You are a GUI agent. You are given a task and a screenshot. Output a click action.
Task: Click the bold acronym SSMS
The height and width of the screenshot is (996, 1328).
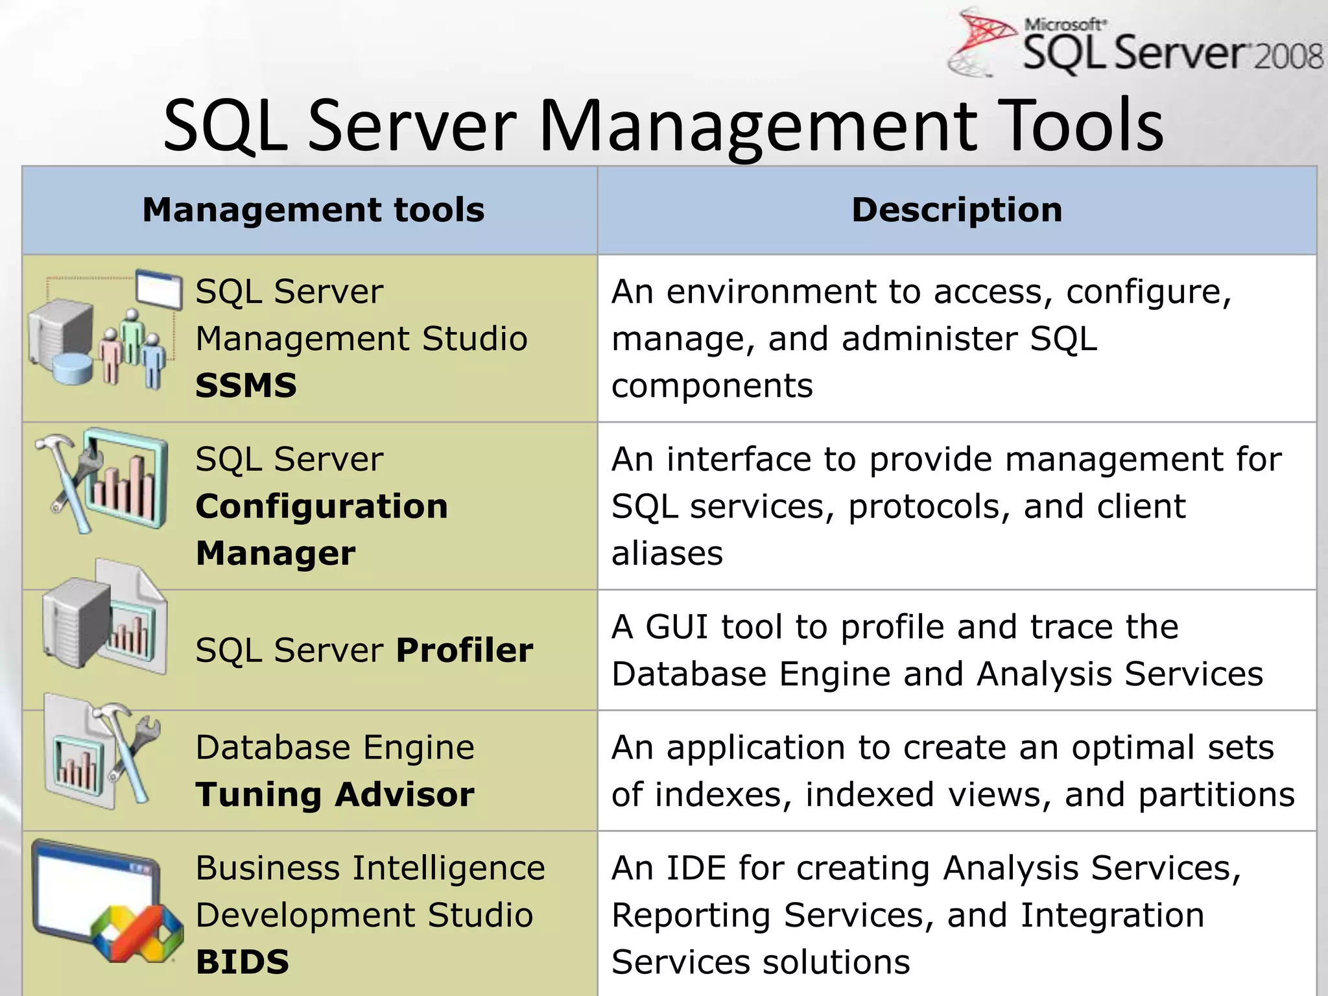(x=246, y=386)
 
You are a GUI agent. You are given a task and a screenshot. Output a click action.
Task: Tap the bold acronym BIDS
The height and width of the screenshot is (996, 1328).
(x=243, y=962)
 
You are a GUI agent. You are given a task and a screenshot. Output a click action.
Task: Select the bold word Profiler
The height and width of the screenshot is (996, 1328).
(x=464, y=650)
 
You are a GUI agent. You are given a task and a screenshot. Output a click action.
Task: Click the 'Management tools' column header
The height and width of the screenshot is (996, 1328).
(x=313, y=210)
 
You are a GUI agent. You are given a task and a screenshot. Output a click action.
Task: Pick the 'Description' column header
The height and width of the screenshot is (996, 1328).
(x=957, y=210)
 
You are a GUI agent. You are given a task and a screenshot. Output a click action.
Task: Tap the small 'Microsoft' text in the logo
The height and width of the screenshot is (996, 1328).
(x=1063, y=25)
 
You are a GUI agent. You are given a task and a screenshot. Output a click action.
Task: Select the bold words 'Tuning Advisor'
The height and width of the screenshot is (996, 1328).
(x=335, y=795)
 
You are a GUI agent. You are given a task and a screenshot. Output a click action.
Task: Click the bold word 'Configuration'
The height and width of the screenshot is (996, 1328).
(x=322, y=506)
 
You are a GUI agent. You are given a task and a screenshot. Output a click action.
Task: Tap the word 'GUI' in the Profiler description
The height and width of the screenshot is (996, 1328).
(x=678, y=627)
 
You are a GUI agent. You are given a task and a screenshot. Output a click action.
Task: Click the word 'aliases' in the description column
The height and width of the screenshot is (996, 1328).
(x=667, y=554)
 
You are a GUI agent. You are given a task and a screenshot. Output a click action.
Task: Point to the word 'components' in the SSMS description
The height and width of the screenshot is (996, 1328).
(x=711, y=386)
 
